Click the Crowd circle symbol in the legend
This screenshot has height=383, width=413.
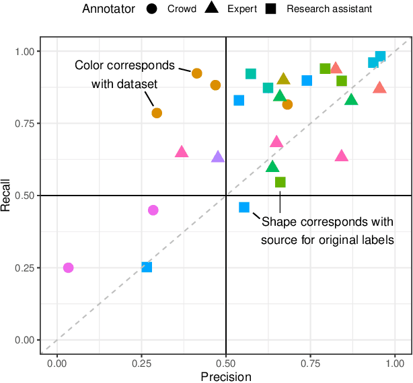(x=152, y=9)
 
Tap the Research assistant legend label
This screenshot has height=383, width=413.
(x=329, y=9)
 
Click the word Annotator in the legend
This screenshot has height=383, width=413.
(x=109, y=9)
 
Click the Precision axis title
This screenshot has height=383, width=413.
(x=226, y=376)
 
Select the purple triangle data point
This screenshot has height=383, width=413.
(x=218, y=157)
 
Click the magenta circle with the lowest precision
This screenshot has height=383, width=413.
(x=68, y=267)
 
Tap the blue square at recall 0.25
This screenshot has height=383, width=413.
(x=147, y=267)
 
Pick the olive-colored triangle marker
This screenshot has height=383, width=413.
(x=283, y=79)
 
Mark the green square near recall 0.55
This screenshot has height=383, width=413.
(x=280, y=182)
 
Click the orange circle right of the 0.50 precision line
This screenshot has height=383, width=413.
(x=287, y=104)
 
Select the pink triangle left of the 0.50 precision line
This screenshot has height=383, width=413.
(x=182, y=152)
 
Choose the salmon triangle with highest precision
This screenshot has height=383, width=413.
(x=380, y=87)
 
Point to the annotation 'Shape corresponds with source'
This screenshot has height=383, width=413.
(x=327, y=229)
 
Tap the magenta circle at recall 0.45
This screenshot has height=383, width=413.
(x=153, y=210)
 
